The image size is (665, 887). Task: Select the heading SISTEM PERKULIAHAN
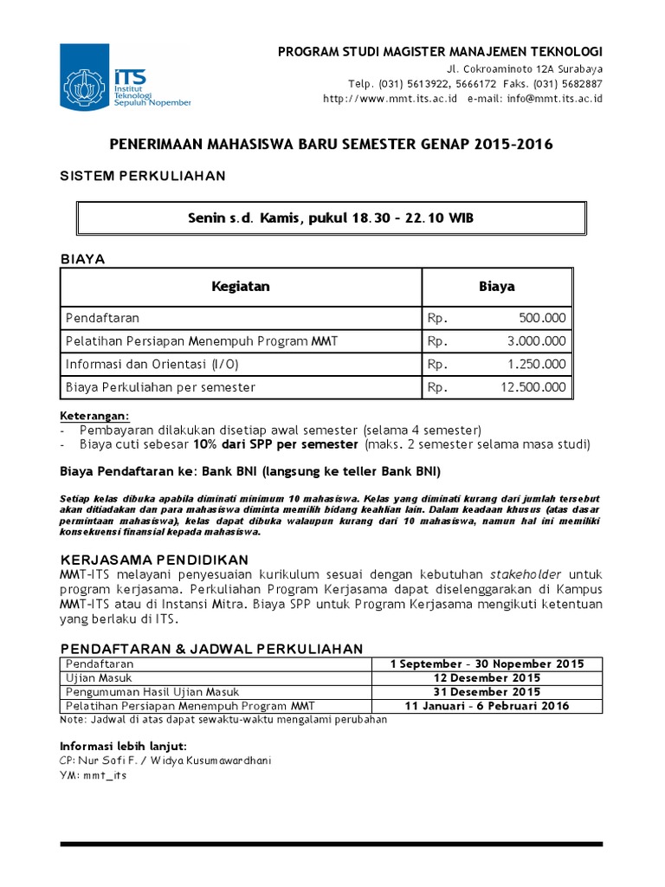tap(142, 176)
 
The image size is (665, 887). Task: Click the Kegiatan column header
tap(241, 286)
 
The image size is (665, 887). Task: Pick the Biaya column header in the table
tap(497, 286)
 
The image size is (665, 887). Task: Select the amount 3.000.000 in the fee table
tap(537, 341)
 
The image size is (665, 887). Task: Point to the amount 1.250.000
tap(537, 364)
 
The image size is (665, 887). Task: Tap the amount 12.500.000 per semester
tap(533, 387)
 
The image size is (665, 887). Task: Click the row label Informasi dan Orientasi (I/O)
tap(140, 364)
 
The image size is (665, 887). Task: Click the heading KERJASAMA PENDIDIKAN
tap(153, 559)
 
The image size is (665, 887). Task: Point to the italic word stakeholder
tap(526, 574)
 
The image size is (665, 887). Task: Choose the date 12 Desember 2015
tap(488, 678)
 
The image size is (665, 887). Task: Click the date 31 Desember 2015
tap(488, 692)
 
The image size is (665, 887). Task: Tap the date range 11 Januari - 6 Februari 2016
tap(488, 706)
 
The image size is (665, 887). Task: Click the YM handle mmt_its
tap(105, 775)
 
